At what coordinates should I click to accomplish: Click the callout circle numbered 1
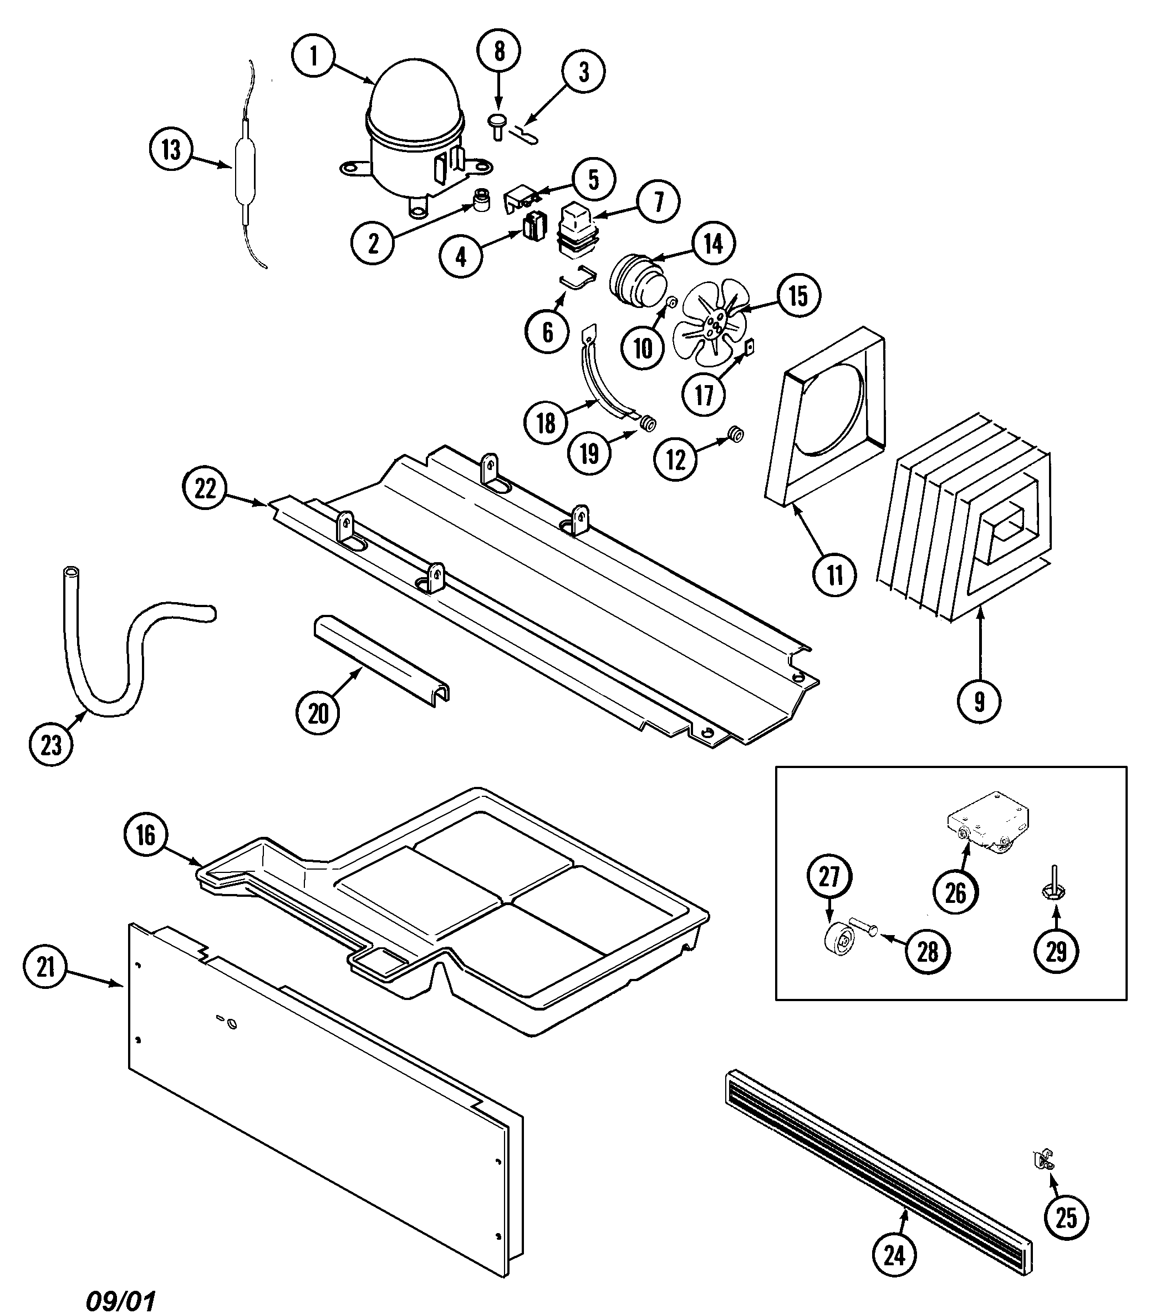[x=314, y=56]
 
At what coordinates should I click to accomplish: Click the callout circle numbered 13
[x=171, y=150]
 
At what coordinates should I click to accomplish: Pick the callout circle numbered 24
[x=894, y=1254]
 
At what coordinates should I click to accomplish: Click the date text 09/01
[x=121, y=1300]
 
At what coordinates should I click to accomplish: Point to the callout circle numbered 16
[x=146, y=835]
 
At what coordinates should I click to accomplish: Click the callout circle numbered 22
[x=205, y=489]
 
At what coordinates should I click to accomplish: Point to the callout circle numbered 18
[x=546, y=423]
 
